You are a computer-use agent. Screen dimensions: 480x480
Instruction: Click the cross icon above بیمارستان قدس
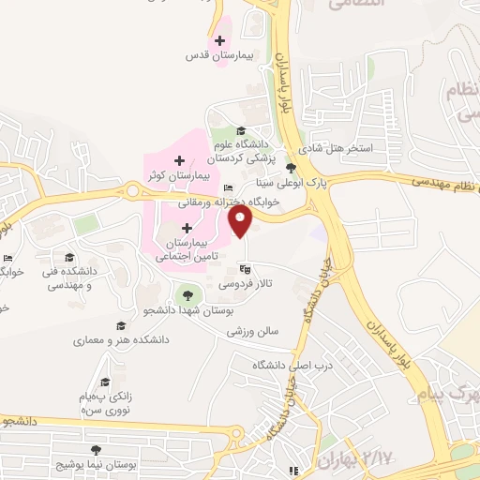click(x=219, y=40)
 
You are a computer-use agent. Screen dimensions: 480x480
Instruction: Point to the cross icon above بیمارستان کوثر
click(x=179, y=162)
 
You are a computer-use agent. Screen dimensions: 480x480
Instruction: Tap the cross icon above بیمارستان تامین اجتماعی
click(x=187, y=228)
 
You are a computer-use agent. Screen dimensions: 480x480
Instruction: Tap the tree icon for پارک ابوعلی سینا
click(x=292, y=169)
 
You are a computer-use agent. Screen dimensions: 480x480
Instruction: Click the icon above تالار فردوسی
click(x=245, y=270)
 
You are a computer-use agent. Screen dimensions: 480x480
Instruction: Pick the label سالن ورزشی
click(x=264, y=332)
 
